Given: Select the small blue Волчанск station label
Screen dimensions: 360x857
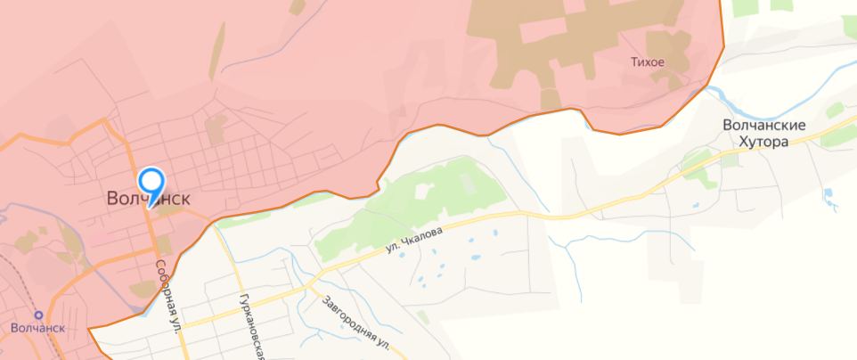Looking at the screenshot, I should [38, 328].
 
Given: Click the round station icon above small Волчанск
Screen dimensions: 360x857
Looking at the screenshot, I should [38, 315].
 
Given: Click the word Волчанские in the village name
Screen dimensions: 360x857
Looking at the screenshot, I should [764, 126].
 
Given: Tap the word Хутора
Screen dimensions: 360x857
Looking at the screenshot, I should [764, 141].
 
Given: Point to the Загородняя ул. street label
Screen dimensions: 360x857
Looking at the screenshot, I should [356, 321].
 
